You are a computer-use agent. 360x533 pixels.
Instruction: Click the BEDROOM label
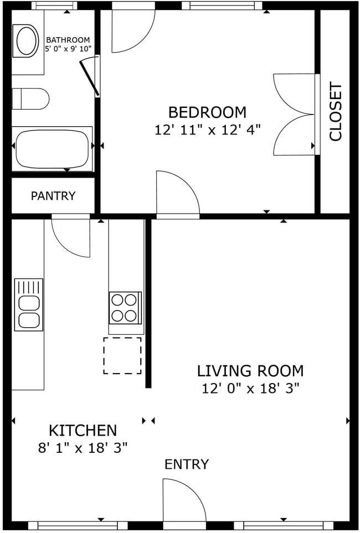[207, 112]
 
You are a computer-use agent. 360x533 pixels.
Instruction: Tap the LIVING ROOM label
[250, 370]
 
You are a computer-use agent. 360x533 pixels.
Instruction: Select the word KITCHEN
[83, 430]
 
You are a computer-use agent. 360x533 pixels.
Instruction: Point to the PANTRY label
[53, 196]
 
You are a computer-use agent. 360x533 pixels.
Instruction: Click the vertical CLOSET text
[336, 112]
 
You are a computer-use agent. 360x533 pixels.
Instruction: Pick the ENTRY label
[187, 464]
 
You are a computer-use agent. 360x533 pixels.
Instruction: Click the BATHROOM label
[68, 40]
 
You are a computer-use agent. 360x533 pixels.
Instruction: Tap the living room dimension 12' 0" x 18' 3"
[250, 388]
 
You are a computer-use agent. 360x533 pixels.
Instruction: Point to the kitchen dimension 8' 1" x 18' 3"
[83, 447]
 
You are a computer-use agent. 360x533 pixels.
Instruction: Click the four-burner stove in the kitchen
[124, 308]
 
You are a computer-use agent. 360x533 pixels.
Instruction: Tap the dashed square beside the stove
[122, 355]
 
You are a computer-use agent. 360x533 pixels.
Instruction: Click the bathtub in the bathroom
[52, 149]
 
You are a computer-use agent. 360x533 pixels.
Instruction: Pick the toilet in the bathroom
[30, 99]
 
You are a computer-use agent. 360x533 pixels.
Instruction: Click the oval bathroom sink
[26, 41]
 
